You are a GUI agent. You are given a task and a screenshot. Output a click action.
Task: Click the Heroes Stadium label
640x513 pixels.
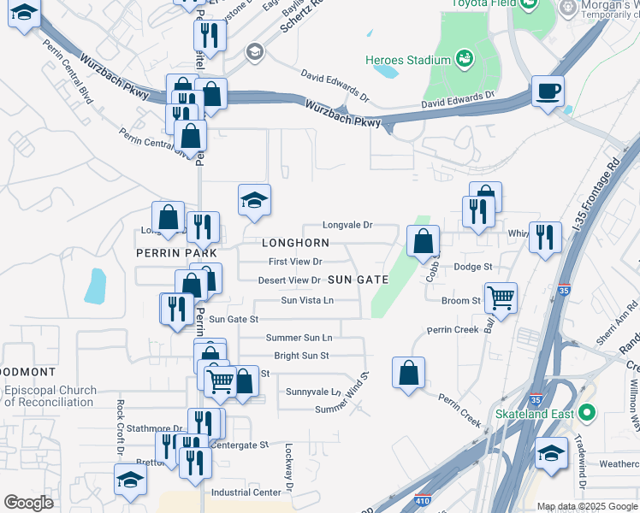(x=407, y=61)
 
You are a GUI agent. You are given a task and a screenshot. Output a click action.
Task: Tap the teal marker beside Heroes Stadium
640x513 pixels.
(x=465, y=59)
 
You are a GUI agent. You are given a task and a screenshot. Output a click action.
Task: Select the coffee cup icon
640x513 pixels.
(x=548, y=90)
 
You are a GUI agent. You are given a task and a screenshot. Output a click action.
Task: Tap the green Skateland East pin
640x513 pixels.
(x=586, y=414)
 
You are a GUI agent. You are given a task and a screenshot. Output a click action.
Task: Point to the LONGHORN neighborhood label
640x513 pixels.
(x=295, y=244)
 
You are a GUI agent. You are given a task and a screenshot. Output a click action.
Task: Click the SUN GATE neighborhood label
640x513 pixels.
(x=358, y=280)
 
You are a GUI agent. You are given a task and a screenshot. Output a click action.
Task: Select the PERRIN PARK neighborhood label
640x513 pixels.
(x=175, y=254)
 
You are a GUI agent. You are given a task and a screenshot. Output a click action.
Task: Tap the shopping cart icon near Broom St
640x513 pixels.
(x=501, y=298)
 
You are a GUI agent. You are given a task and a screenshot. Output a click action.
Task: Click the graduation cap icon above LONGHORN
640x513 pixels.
(x=254, y=200)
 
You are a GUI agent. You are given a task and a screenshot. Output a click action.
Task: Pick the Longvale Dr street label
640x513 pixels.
(x=347, y=225)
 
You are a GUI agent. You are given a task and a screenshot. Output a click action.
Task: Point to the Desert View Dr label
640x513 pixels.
(x=289, y=280)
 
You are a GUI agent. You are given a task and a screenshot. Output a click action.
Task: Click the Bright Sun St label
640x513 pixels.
(x=301, y=356)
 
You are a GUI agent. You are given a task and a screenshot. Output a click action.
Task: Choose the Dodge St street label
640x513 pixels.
(x=472, y=267)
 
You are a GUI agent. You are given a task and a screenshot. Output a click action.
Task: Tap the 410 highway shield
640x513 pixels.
(x=422, y=499)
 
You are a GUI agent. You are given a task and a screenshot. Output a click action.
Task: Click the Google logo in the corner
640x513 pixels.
(x=28, y=503)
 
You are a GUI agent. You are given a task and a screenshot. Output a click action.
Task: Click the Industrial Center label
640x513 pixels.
(x=246, y=492)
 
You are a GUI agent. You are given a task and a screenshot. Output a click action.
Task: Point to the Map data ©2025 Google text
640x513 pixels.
(x=587, y=506)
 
